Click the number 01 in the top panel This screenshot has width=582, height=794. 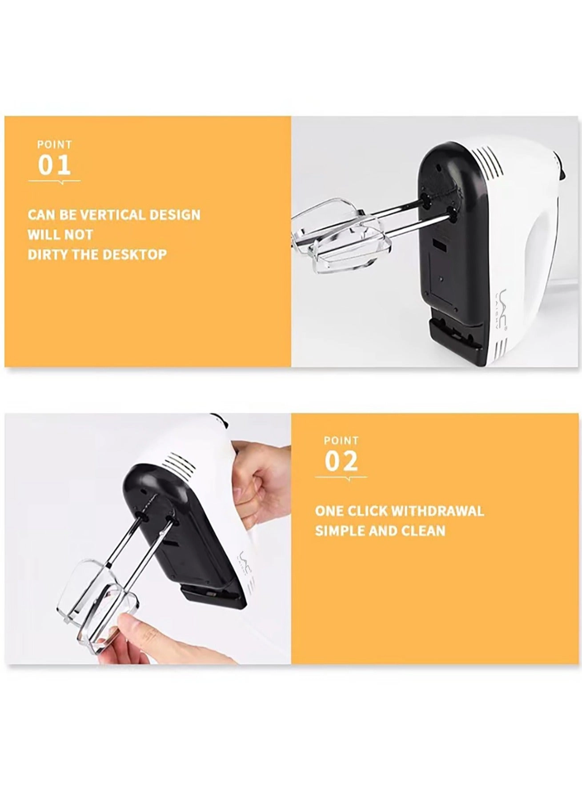coord(54,165)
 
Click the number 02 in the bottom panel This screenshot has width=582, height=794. coord(341,461)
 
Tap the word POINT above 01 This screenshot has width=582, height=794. coord(54,145)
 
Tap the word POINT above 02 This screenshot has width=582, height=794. coord(341,440)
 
